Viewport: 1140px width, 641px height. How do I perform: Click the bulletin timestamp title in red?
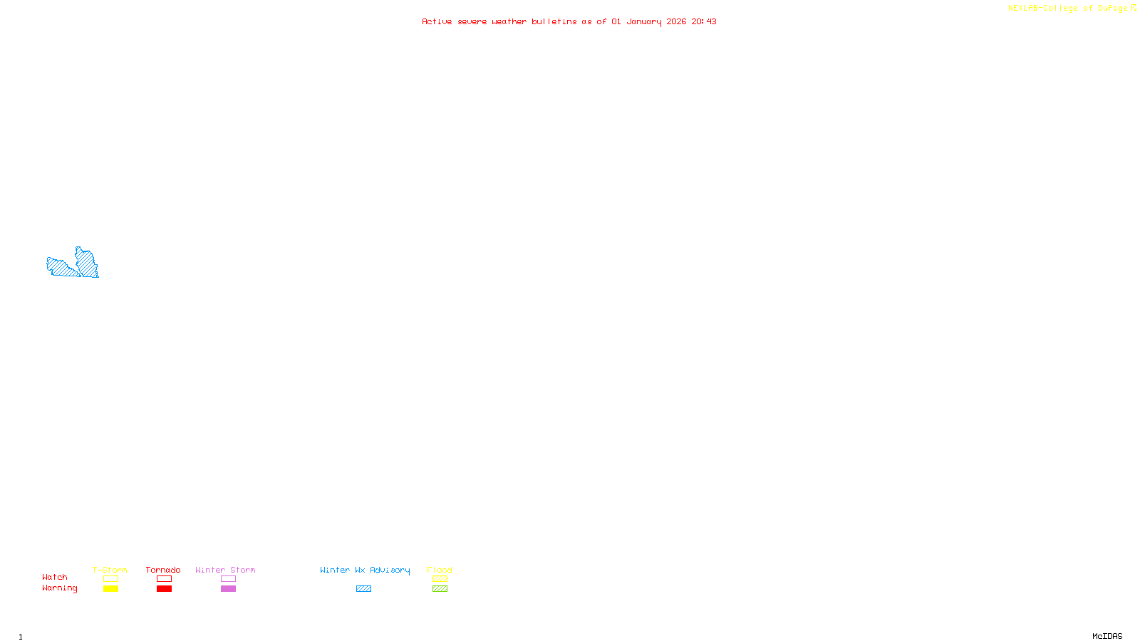pos(569,21)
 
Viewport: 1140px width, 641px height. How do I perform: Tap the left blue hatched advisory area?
pos(60,268)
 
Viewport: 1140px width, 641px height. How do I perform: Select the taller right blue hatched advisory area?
pos(87,263)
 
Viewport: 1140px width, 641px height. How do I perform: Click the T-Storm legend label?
pos(110,570)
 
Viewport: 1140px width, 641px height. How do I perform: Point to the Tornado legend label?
pos(163,570)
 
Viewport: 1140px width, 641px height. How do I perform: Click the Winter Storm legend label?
pos(225,570)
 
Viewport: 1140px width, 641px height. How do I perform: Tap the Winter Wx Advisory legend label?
pos(365,570)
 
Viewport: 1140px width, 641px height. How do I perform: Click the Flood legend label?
pos(440,570)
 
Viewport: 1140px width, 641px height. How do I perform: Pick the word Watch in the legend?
pos(55,577)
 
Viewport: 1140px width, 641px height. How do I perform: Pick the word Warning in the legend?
pos(59,588)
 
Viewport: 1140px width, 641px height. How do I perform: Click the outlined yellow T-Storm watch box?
pos(110,579)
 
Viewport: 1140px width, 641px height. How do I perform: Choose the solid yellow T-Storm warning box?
pos(110,589)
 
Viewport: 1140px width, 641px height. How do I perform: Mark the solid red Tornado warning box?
pos(165,589)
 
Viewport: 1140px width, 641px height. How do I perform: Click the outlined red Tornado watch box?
pos(165,579)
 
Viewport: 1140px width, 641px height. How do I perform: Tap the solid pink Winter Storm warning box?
pos(228,589)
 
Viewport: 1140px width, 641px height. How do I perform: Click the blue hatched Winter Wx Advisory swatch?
pos(363,589)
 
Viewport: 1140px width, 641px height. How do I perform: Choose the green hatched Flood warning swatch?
pos(440,589)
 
